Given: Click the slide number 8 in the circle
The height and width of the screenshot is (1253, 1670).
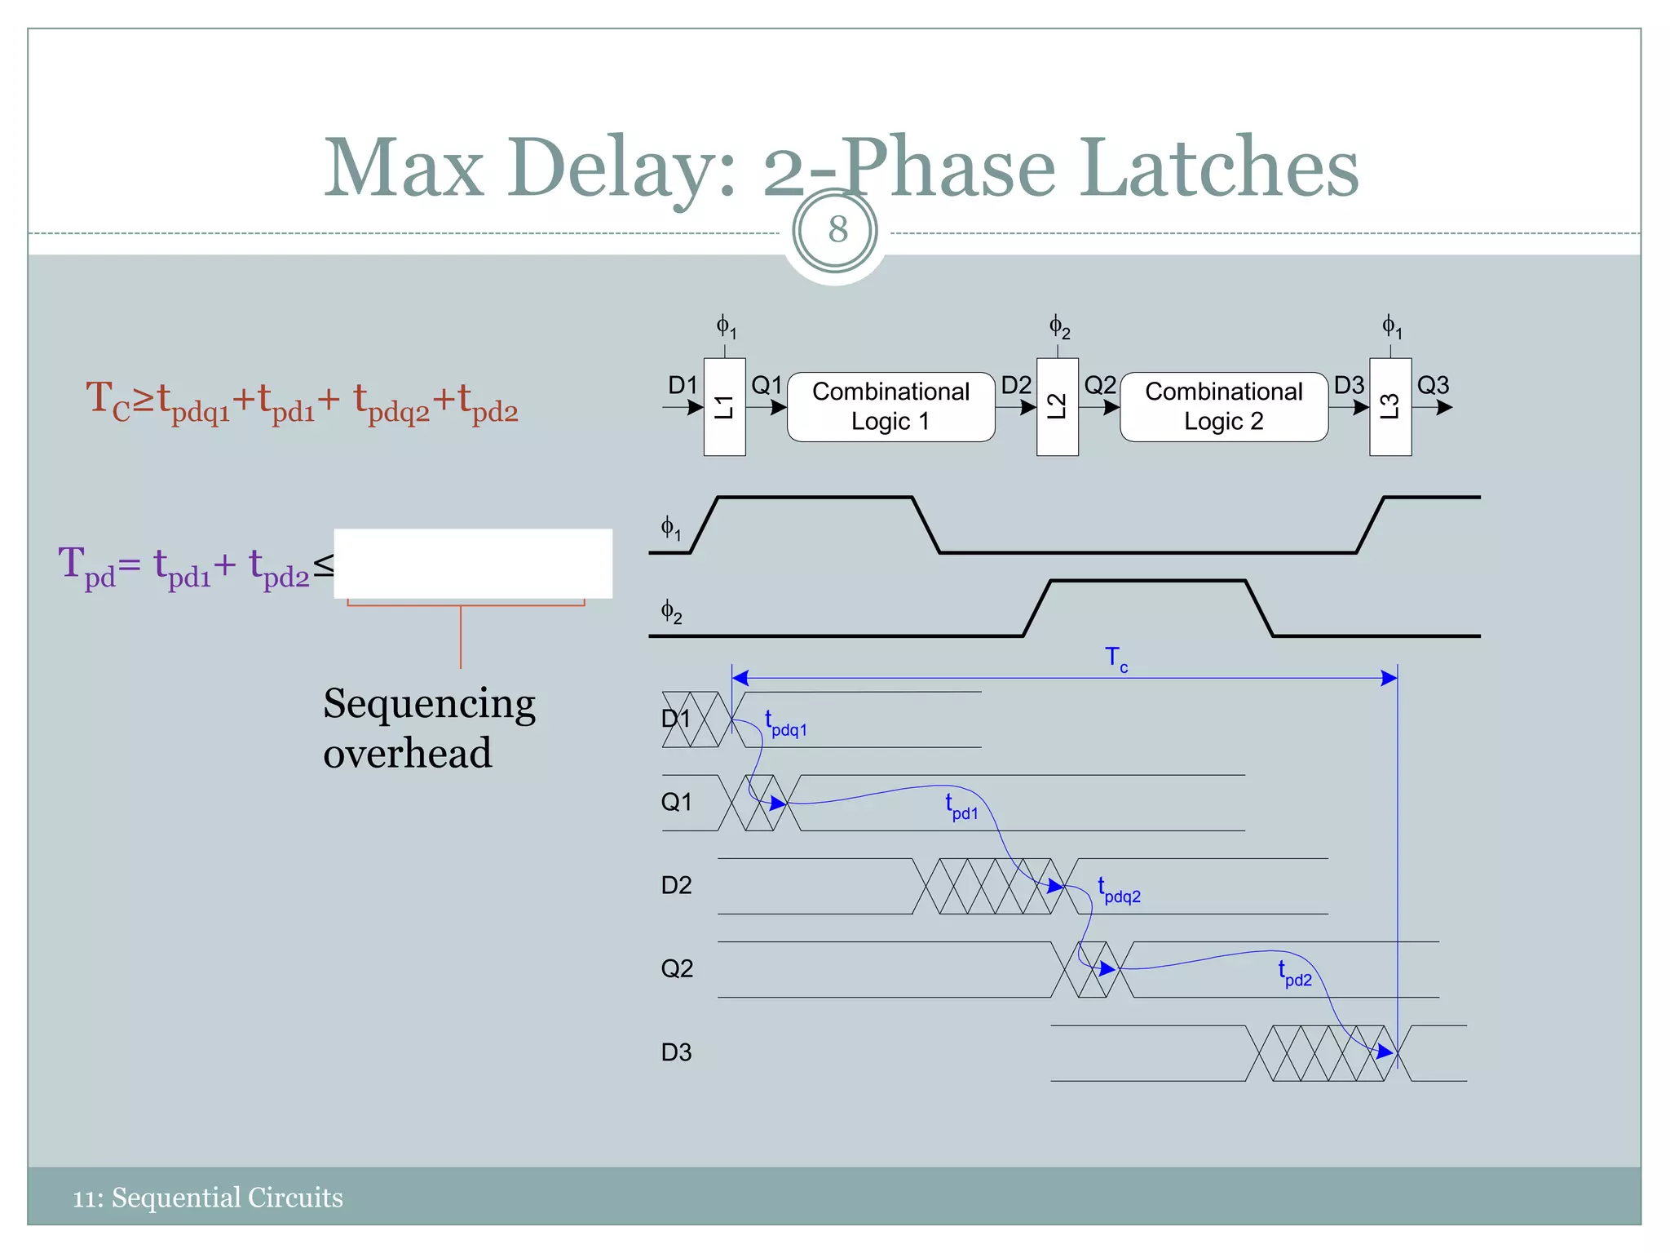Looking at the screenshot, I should pyautogui.click(x=837, y=230).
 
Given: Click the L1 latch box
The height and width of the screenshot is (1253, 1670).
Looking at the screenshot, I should pyautogui.click(x=724, y=406).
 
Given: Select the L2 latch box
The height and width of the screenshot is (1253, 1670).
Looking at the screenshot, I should pyautogui.click(x=1057, y=406).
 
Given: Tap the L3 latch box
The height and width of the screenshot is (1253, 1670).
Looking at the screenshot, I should pyautogui.click(x=1390, y=406).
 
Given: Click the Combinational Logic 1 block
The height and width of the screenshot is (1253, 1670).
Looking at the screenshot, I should pyautogui.click(x=890, y=406).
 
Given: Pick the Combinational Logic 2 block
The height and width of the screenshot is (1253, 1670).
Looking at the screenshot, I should pyautogui.click(x=1223, y=406).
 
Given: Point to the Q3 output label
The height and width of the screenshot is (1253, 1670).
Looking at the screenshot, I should pyautogui.click(x=1433, y=385).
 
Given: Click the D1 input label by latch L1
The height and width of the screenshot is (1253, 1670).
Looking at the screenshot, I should pyautogui.click(x=683, y=385).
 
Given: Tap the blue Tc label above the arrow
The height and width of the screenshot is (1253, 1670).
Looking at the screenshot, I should pyautogui.click(x=1116, y=657).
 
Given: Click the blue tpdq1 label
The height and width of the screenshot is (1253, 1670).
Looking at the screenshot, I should pyautogui.click(x=785, y=724).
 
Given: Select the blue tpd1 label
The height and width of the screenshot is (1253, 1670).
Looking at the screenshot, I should pyautogui.click(x=961, y=808).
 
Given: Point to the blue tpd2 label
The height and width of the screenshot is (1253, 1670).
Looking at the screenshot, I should pyautogui.click(x=1295, y=974).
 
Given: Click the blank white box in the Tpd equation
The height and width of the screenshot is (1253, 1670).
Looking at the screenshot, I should pyautogui.click(x=473, y=564).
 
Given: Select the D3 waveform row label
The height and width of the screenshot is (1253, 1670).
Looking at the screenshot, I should pyautogui.click(x=676, y=1052).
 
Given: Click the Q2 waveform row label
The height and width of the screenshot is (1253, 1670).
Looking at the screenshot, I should pyautogui.click(x=676, y=969).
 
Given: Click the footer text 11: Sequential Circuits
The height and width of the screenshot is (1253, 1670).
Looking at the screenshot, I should pyautogui.click(x=208, y=1198).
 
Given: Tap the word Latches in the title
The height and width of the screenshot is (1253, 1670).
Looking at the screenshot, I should pyautogui.click(x=1220, y=168).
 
